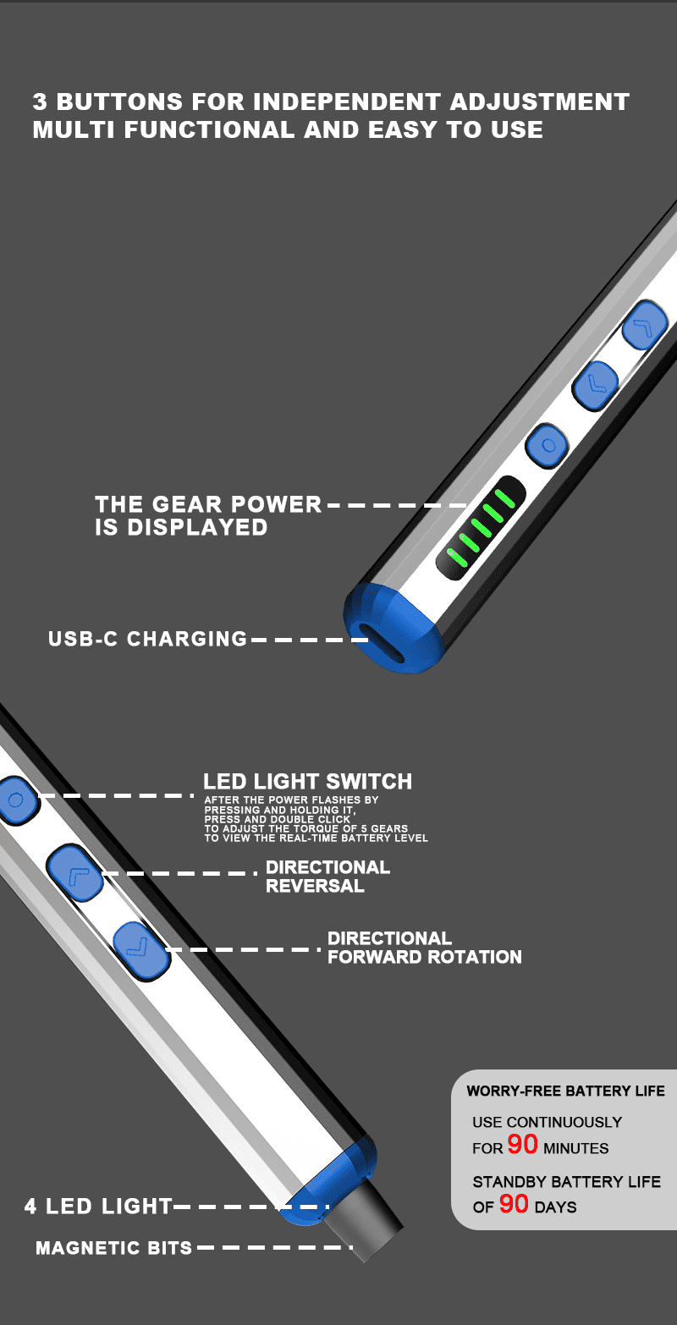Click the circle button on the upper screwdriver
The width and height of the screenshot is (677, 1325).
[548, 445]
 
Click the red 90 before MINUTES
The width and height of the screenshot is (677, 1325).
[523, 1145]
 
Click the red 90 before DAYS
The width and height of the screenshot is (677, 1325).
[514, 1204]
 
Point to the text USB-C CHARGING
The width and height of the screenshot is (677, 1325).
[148, 638]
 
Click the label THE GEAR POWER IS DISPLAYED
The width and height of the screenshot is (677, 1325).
[207, 515]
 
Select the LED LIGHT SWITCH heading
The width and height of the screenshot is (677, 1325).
[307, 781]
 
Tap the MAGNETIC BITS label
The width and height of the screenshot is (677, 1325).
[114, 1248]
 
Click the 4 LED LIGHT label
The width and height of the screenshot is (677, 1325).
[98, 1207]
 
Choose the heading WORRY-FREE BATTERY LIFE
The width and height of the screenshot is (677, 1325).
[565, 1091]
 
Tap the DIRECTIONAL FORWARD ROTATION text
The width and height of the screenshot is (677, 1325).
[424, 948]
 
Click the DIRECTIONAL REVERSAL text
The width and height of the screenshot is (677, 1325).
[327, 877]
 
